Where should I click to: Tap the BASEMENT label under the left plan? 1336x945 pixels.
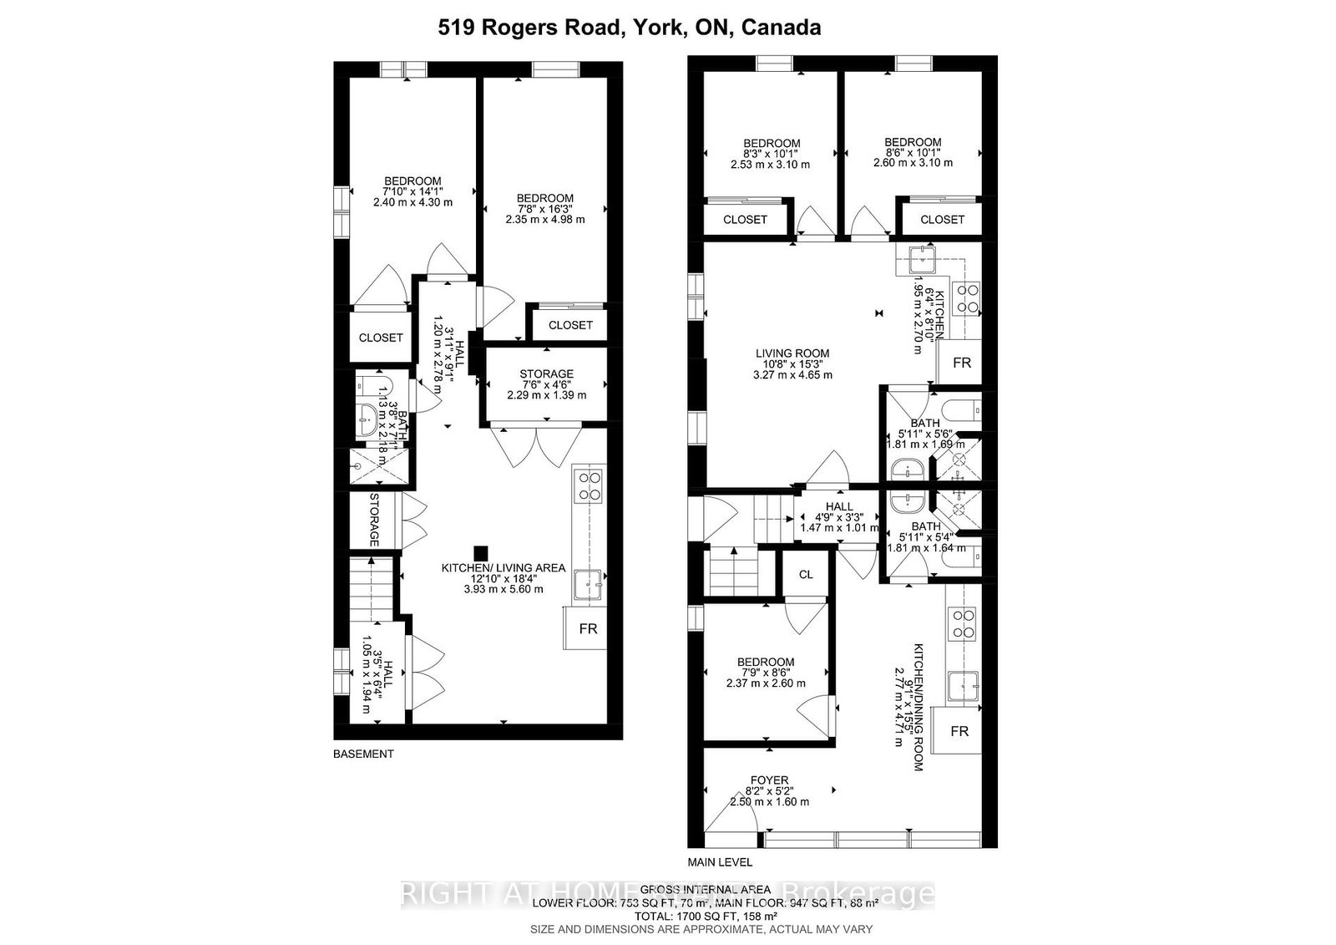click(363, 754)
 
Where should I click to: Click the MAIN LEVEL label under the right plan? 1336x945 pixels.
click(720, 861)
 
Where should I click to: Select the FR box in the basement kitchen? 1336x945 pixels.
click(588, 628)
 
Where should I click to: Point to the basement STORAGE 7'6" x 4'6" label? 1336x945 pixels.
click(546, 384)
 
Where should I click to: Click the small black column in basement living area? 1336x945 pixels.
click(480, 552)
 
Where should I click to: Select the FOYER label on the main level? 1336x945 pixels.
click(769, 790)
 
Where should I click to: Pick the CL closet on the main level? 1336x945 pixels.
click(805, 575)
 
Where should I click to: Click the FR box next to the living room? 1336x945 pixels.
click(962, 363)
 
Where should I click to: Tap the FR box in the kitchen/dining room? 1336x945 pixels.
click(959, 731)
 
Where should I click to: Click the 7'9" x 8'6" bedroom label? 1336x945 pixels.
click(766, 672)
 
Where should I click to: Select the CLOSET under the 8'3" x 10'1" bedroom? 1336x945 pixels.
click(745, 219)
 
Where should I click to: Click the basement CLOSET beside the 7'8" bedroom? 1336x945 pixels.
click(570, 325)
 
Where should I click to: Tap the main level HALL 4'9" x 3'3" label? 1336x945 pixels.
click(838, 516)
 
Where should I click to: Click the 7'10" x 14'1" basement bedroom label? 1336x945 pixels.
click(412, 191)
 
